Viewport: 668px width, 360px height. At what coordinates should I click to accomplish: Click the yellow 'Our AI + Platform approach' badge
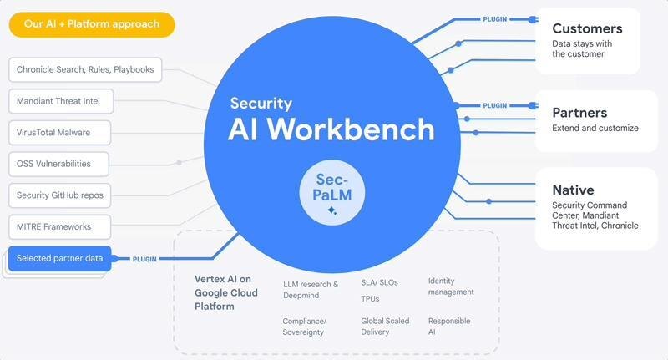click(x=92, y=24)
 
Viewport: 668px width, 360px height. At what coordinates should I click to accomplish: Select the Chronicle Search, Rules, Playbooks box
click(x=85, y=70)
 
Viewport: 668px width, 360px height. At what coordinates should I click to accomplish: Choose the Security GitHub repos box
click(x=59, y=195)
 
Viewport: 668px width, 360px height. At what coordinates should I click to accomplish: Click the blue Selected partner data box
click(x=60, y=258)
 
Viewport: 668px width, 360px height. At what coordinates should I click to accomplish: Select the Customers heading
click(x=587, y=29)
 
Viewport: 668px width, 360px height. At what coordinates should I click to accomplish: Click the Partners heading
click(x=579, y=113)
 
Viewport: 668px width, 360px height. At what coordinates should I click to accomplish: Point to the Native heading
click(x=573, y=190)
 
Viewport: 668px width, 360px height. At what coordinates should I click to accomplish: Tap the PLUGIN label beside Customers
click(x=494, y=18)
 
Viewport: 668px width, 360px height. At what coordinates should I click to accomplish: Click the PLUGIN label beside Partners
click(x=494, y=106)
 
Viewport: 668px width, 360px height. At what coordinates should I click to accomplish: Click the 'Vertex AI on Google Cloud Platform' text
click(x=226, y=292)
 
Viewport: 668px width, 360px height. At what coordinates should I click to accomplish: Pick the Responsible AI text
click(x=449, y=326)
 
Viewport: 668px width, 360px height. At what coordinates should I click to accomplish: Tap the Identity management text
click(x=451, y=286)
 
